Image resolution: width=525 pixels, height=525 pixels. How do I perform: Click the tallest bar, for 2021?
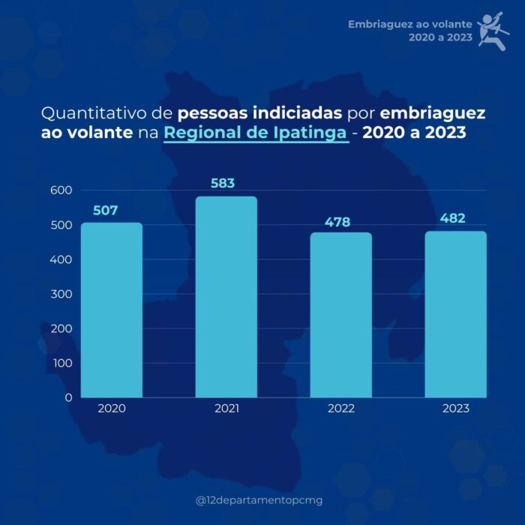click(x=226, y=297)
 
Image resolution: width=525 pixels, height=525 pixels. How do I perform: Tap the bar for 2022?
click(x=341, y=315)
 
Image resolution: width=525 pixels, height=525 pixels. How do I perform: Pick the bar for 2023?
click(x=455, y=314)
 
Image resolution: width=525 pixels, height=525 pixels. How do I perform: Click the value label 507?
click(x=105, y=211)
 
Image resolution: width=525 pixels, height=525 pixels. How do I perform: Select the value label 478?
click(x=337, y=222)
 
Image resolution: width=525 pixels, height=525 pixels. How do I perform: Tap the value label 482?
click(x=452, y=218)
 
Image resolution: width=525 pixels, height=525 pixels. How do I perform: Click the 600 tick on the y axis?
click(x=61, y=190)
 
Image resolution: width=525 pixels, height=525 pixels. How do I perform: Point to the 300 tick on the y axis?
click(x=61, y=294)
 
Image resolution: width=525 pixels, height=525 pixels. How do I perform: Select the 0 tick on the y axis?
click(x=68, y=397)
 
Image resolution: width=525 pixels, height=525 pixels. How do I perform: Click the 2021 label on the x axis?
click(x=226, y=409)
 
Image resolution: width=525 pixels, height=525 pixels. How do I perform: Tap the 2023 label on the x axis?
click(x=455, y=409)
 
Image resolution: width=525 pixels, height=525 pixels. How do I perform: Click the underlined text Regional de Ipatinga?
click(x=256, y=134)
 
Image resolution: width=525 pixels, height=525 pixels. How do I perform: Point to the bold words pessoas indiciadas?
click(x=260, y=115)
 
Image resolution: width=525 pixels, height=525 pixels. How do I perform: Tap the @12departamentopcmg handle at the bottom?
click(x=259, y=500)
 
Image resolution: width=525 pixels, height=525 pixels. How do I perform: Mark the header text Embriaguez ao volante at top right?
click(x=409, y=24)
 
